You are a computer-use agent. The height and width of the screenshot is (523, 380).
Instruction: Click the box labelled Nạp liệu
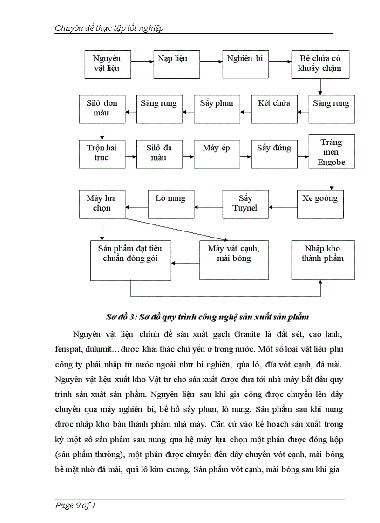pos(173,64)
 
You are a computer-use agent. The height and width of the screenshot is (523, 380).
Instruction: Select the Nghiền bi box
pos(245,64)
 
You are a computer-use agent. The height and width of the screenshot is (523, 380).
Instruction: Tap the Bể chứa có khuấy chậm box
pos(320,64)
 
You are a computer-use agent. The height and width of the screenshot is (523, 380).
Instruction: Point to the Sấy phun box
pos(217,109)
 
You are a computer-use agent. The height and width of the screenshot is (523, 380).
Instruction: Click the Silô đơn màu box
pos(102,109)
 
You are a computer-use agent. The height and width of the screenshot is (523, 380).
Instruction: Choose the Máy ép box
pos(217,153)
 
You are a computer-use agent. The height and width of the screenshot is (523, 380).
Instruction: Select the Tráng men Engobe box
pos(332,152)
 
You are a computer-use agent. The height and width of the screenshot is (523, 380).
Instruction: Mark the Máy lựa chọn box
pos(102,204)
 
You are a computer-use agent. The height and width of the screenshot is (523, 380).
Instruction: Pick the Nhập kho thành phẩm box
pos(323,260)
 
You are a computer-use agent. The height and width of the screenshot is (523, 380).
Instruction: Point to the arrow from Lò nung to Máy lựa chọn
pos(136,207)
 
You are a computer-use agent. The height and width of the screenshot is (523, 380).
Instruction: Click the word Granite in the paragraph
pos(249,334)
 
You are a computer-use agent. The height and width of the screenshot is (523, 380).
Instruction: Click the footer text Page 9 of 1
pos(75,505)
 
